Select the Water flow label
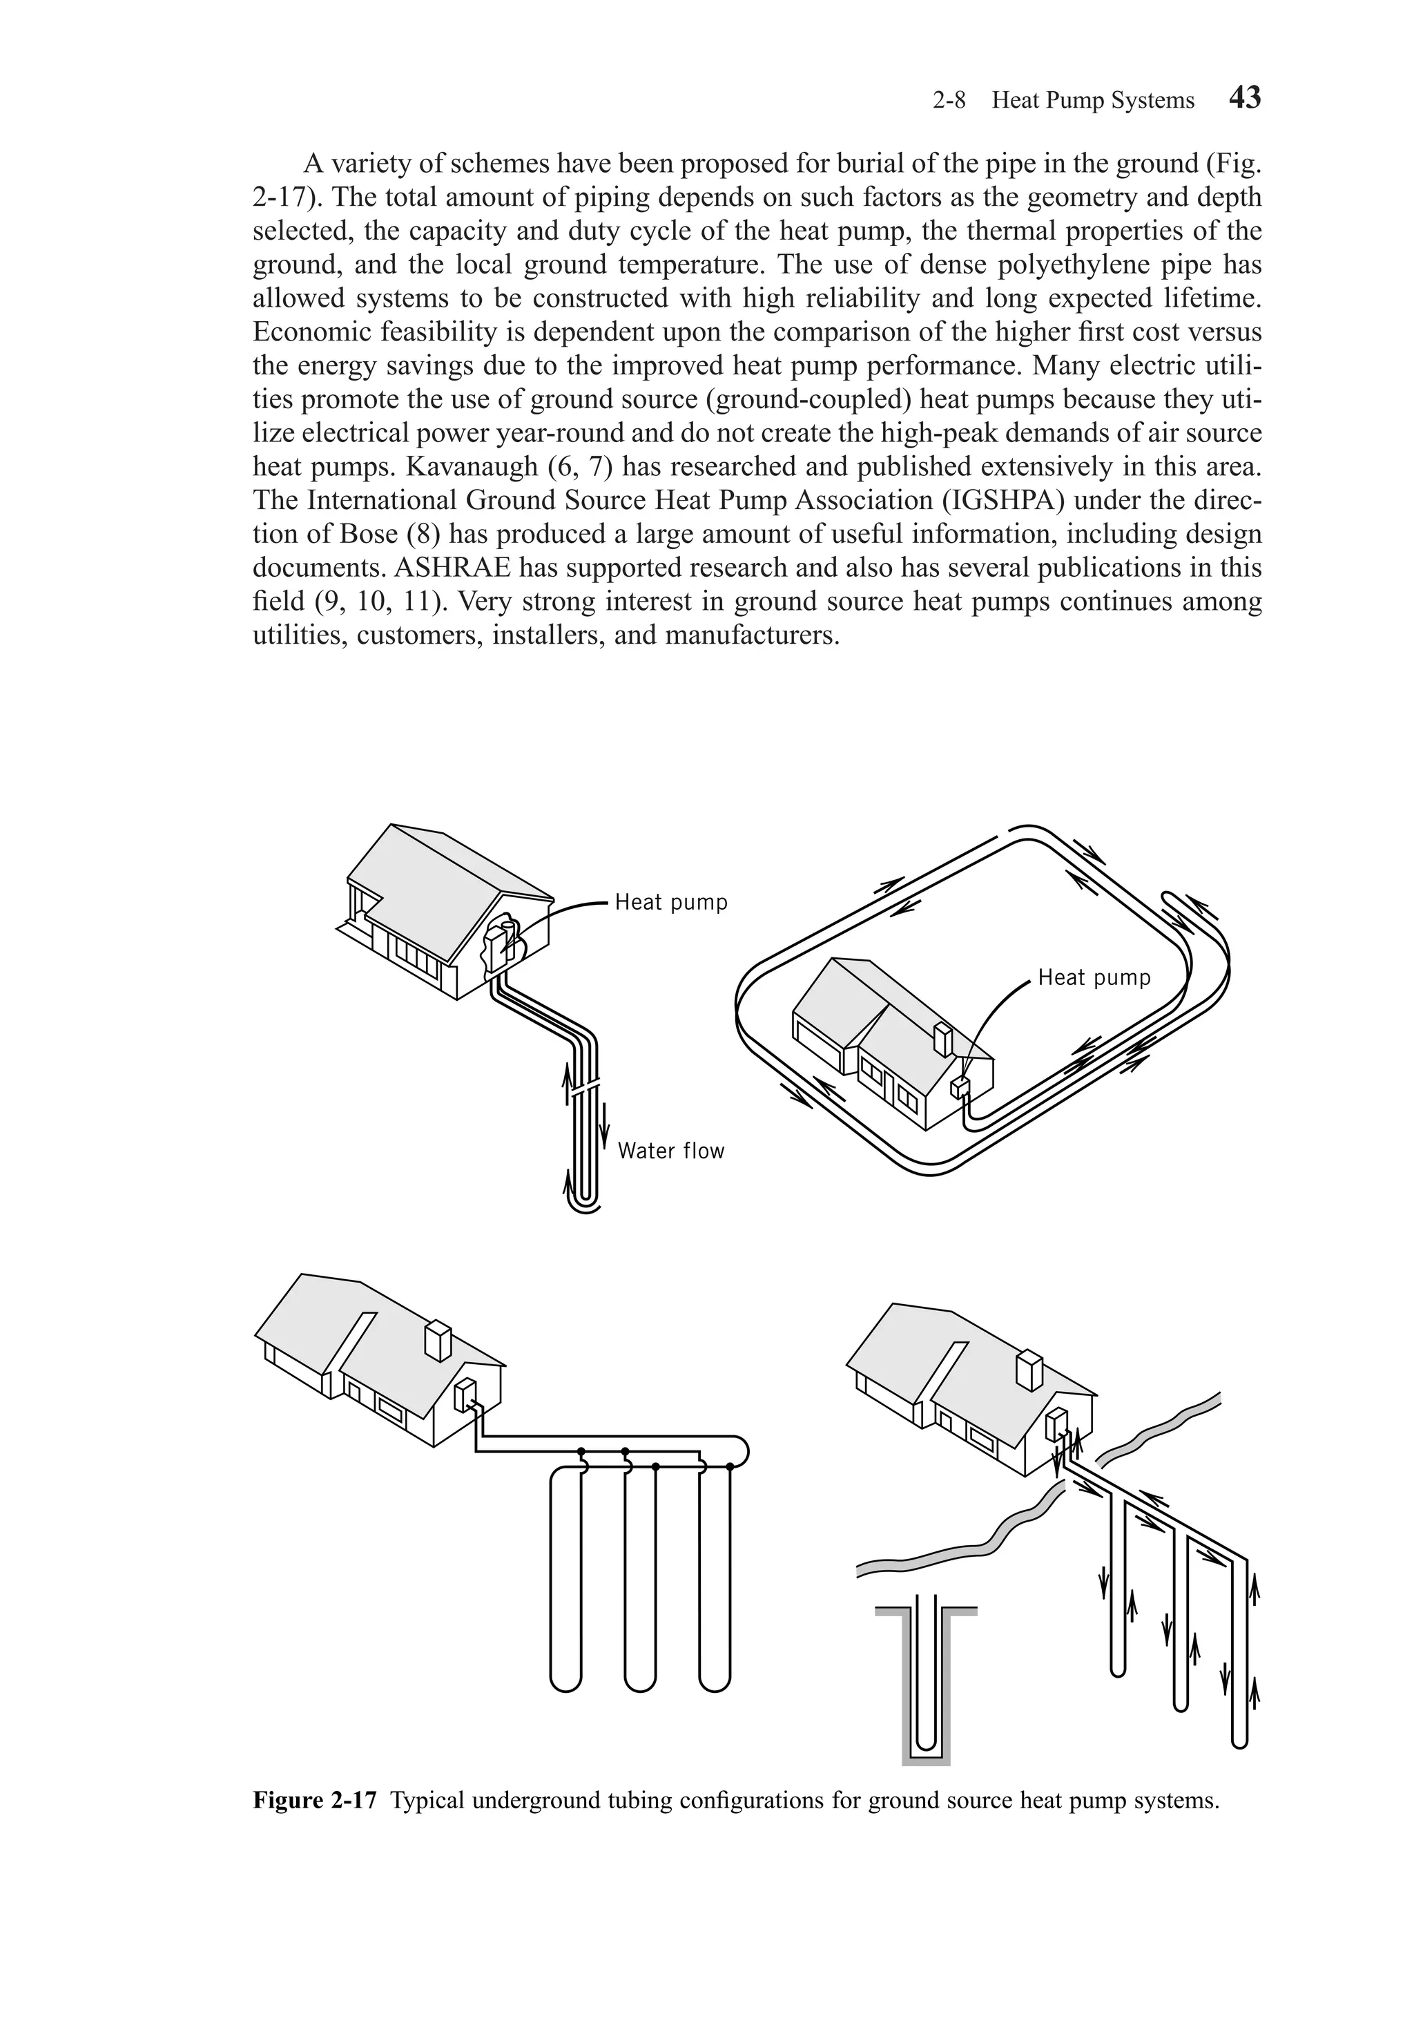[670, 1151]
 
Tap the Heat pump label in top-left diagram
[670, 902]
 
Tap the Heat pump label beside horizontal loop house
[1094, 977]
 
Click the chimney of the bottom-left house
[437, 1341]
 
